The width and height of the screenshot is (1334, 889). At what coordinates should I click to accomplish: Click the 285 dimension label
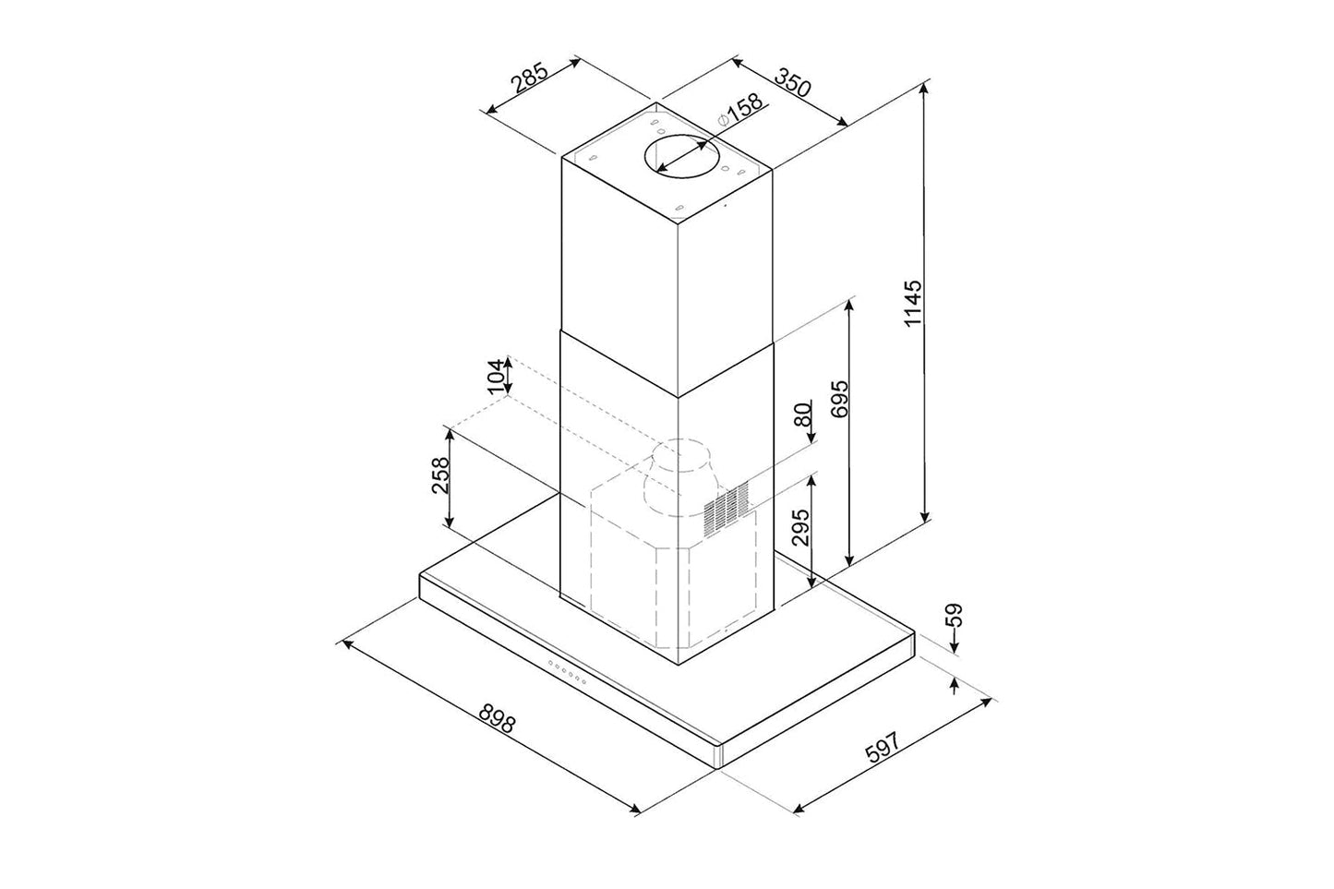530,78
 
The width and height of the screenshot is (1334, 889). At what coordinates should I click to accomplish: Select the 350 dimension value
793,83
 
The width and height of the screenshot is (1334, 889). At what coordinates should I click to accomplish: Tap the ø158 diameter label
740,109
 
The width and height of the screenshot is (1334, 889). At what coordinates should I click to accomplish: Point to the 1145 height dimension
912,303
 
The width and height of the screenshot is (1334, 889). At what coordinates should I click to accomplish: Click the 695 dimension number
838,399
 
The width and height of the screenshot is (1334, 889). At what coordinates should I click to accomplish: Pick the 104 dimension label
495,377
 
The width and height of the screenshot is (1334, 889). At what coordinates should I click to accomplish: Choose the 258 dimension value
440,475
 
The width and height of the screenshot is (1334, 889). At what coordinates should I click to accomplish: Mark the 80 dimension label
803,414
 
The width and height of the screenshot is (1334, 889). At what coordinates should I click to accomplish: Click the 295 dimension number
801,527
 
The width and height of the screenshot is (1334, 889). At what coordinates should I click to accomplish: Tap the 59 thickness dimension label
955,615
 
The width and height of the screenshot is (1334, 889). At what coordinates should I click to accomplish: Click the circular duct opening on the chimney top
681,155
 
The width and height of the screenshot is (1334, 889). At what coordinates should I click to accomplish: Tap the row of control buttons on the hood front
567,673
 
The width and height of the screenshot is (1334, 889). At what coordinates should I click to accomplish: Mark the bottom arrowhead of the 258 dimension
450,522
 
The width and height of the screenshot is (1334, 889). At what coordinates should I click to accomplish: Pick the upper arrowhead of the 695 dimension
849,306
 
